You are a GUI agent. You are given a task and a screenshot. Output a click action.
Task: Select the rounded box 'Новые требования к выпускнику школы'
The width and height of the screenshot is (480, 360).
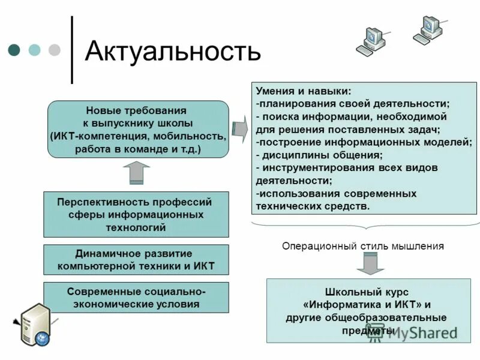pyautogui.click(x=138, y=129)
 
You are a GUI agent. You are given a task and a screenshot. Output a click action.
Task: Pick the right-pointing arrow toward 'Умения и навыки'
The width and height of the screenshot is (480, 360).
pyautogui.click(x=239, y=128)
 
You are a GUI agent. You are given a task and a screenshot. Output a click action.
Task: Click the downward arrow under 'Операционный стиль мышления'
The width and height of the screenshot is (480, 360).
pyautogui.click(x=367, y=263)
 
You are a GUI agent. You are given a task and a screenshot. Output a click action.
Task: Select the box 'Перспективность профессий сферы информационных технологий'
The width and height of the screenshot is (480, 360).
pyautogui.click(x=136, y=214)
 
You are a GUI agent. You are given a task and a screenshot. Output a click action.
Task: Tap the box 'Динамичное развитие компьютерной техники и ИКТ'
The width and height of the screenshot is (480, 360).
pyautogui.click(x=136, y=260)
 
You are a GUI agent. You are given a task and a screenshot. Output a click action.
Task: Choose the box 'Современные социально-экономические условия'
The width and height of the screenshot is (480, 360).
pyautogui.click(x=136, y=297)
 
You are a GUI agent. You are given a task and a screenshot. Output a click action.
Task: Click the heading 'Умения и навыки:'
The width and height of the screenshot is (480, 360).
pyautogui.click(x=304, y=91)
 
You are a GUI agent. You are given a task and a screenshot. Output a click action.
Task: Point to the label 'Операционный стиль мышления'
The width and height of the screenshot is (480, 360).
pyautogui.click(x=363, y=245)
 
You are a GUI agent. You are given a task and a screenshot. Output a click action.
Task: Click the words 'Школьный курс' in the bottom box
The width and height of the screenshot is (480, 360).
pyautogui.click(x=353, y=292)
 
